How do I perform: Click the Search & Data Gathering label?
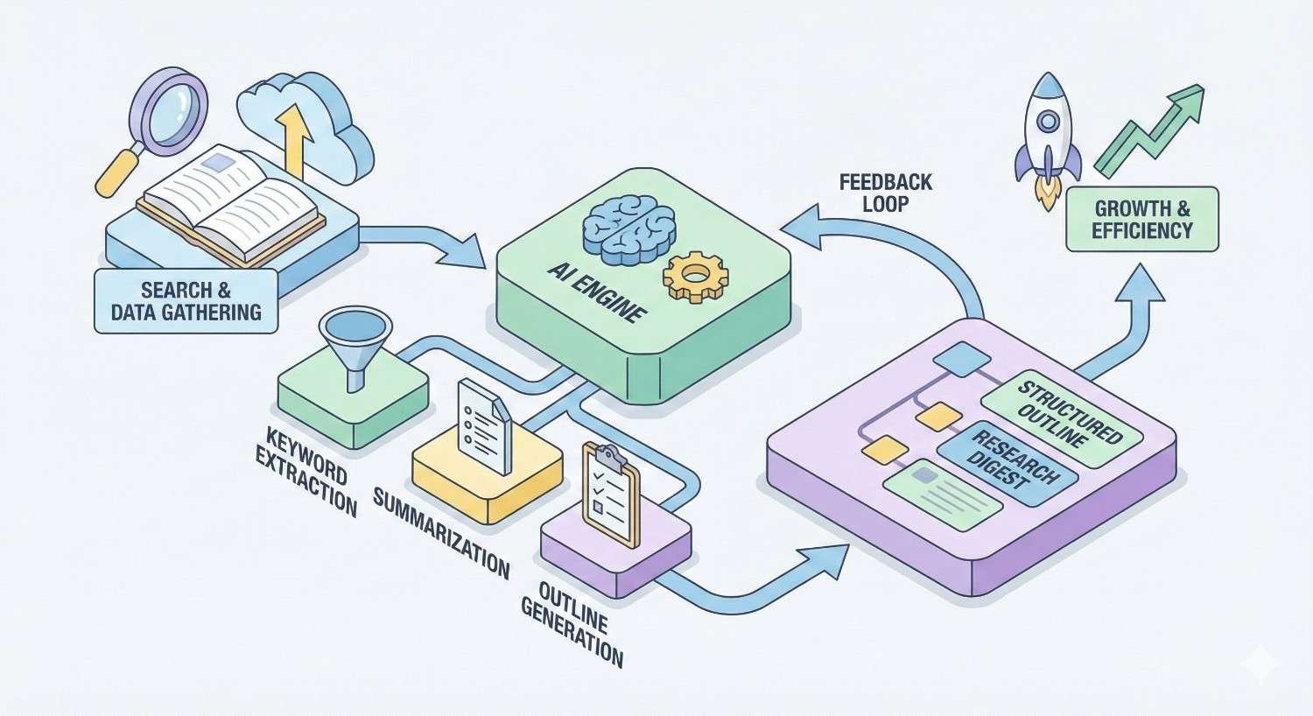[186, 300]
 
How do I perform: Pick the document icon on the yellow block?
[483, 425]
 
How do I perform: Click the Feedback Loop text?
[885, 193]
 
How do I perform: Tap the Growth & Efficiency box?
[1141, 219]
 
